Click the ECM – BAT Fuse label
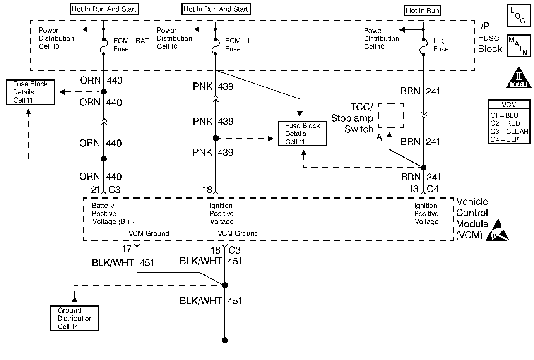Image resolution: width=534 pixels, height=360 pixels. tap(131, 45)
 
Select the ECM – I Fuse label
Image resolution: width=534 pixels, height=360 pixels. tap(237, 45)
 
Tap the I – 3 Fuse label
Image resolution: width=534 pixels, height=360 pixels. tap(441, 45)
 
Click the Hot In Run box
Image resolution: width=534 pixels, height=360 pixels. tap(422, 10)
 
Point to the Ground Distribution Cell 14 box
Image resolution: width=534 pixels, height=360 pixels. tap(75, 318)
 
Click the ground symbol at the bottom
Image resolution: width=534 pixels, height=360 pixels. tap(225, 341)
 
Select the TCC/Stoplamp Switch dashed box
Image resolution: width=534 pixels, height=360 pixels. tap(391, 115)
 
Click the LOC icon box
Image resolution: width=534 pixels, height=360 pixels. tap(518, 16)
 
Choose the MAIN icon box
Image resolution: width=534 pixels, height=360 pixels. tap(518, 46)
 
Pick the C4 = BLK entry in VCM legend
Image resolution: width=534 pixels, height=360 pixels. tap(505, 139)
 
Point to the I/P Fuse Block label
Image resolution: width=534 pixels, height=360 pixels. tap(490, 38)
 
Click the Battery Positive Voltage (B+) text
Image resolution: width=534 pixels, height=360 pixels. tap(113, 214)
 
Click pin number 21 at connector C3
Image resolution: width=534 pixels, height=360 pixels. tap(96, 190)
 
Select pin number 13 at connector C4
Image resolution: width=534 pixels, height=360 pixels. tap(414, 189)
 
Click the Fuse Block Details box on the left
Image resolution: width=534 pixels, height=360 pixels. tap(31, 92)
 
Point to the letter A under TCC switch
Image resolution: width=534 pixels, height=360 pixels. tap(379, 137)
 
